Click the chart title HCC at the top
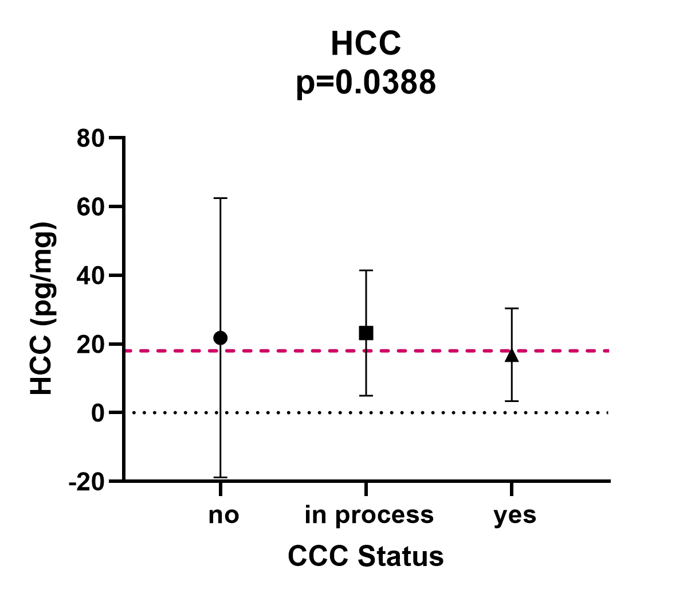pyautogui.click(x=366, y=44)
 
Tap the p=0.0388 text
pyautogui.click(x=366, y=82)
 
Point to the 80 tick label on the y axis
pyautogui.click(x=91, y=138)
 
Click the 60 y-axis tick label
pyautogui.click(x=91, y=206)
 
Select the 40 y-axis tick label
pyautogui.click(x=91, y=275)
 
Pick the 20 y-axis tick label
pyautogui.click(x=91, y=344)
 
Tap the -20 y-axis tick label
pyautogui.click(x=87, y=481)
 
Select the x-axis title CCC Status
pyautogui.click(x=366, y=556)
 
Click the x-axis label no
pyautogui.click(x=223, y=515)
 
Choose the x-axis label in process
pyautogui.click(x=369, y=515)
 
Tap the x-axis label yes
pyautogui.click(x=515, y=515)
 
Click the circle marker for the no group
pyautogui.click(x=220, y=338)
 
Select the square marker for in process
pyautogui.click(x=366, y=333)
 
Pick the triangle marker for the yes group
pyautogui.click(x=512, y=356)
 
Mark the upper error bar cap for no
pyautogui.click(x=220, y=198)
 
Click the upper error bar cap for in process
pyautogui.click(x=366, y=270)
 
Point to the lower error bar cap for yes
pyautogui.click(x=512, y=401)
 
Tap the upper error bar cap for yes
pyautogui.click(x=512, y=309)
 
